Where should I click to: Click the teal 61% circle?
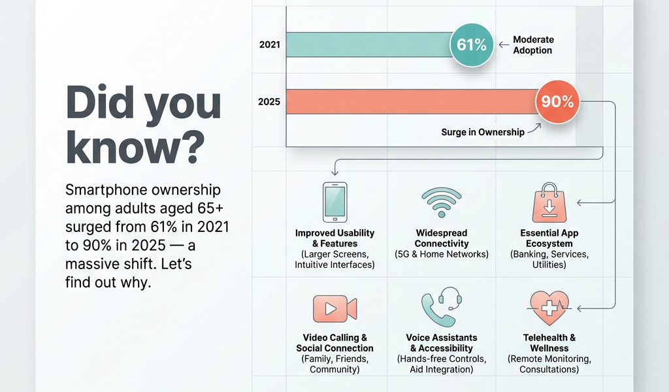point(472,44)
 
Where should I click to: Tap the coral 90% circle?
point(557,102)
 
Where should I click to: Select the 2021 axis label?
point(269,45)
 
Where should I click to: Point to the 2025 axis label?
point(269,102)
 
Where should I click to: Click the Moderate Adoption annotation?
point(532,45)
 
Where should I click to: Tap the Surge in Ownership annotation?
point(483,132)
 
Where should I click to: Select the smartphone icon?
point(335,202)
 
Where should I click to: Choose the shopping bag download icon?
point(548,202)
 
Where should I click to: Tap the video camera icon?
point(334,308)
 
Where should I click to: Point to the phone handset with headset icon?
point(442,306)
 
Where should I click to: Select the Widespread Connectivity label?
point(442,238)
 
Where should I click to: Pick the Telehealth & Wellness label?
point(549,343)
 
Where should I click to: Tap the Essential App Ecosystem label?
point(549,238)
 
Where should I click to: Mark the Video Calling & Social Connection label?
point(335,343)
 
